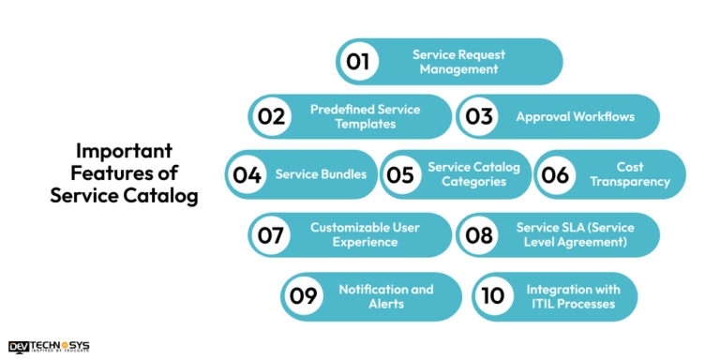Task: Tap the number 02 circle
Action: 271,117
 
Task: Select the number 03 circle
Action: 479,117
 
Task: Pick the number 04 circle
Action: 247,174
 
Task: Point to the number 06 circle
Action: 556,174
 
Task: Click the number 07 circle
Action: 271,234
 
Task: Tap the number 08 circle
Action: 479,234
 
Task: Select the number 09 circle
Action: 304,296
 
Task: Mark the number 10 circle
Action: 494,296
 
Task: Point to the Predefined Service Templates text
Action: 366,117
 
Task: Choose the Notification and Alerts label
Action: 386,296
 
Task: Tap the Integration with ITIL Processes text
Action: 570,296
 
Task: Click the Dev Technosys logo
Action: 48,347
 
